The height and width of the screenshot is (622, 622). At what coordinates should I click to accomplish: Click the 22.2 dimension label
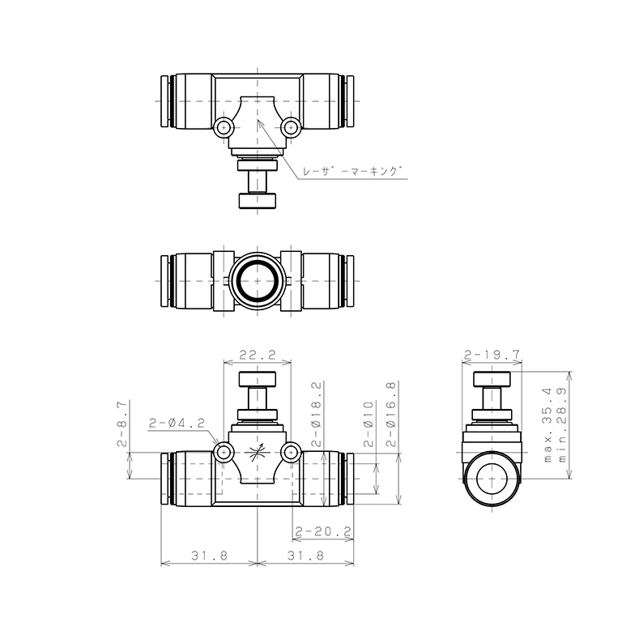pyautogui.click(x=257, y=354)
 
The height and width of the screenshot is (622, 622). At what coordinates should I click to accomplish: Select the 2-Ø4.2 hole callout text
pyautogui.click(x=177, y=423)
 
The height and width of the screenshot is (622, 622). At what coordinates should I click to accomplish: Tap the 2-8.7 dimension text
pyautogui.click(x=122, y=424)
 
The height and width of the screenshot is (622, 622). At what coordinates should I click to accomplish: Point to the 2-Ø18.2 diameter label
pyautogui.click(x=317, y=414)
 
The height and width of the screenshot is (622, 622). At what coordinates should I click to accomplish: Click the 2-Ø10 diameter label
pyautogui.click(x=369, y=424)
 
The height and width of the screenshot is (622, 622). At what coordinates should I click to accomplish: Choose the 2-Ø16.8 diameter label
pyautogui.click(x=391, y=414)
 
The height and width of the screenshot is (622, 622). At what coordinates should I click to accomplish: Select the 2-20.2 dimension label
pyautogui.click(x=324, y=530)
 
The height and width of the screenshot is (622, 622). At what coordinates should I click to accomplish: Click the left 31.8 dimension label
pyautogui.click(x=210, y=556)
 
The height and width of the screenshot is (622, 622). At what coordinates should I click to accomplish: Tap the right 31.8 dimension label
pyautogui.click(x=305, y=556)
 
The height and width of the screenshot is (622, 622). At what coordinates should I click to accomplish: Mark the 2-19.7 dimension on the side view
pyautogui.click(x=492, y=354)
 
